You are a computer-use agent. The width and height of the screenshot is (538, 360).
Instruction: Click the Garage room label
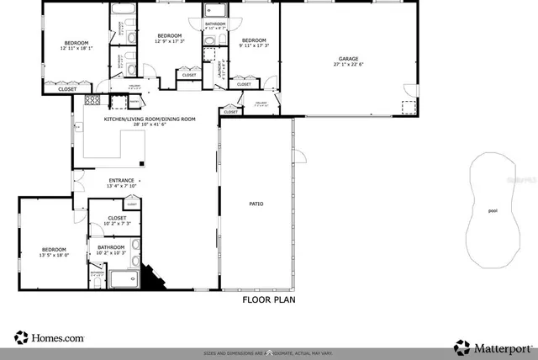pos(348,59)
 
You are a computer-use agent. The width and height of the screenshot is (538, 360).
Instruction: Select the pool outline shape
pos(492,210)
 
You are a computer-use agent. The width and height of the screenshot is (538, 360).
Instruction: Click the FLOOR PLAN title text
pos(269,299)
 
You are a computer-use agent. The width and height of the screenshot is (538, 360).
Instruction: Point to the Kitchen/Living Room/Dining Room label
pos(150,119)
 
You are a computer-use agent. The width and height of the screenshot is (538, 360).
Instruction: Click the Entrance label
pos(122,181)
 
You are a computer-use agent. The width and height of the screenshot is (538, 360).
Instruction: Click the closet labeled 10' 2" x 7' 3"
pos(117,219)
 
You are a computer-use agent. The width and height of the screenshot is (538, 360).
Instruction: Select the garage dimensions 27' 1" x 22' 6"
pos(348,64)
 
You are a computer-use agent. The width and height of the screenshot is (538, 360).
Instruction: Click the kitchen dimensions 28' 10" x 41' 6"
pos(150,125)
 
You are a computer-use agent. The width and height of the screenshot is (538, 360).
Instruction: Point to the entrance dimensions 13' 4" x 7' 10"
pos(122,187)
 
